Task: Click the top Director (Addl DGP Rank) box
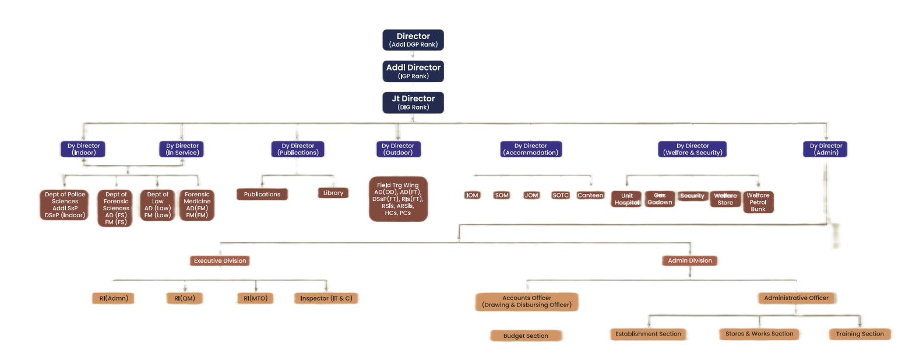coord(413,40)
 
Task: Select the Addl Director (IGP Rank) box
coord(413,71)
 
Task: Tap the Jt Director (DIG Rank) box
coord(413,102)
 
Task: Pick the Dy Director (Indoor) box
coord(83,149)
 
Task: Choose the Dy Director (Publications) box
coord(298,149)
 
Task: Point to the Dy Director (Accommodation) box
coord(530,149)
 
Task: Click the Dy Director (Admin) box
coord(826,149)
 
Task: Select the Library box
coord(333,193)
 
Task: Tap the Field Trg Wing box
coord(398,199)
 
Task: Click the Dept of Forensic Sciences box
coord(116,208)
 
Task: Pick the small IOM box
coord(472,195)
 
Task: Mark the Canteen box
coord(590,195)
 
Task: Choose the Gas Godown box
coord(660,199)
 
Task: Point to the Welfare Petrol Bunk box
coord(758,202)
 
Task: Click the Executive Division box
coord(220,260)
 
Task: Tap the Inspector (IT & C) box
coord(326,298)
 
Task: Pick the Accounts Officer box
coord(527,301)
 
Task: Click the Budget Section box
coord(526,336)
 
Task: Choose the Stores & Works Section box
coord(759,334)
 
